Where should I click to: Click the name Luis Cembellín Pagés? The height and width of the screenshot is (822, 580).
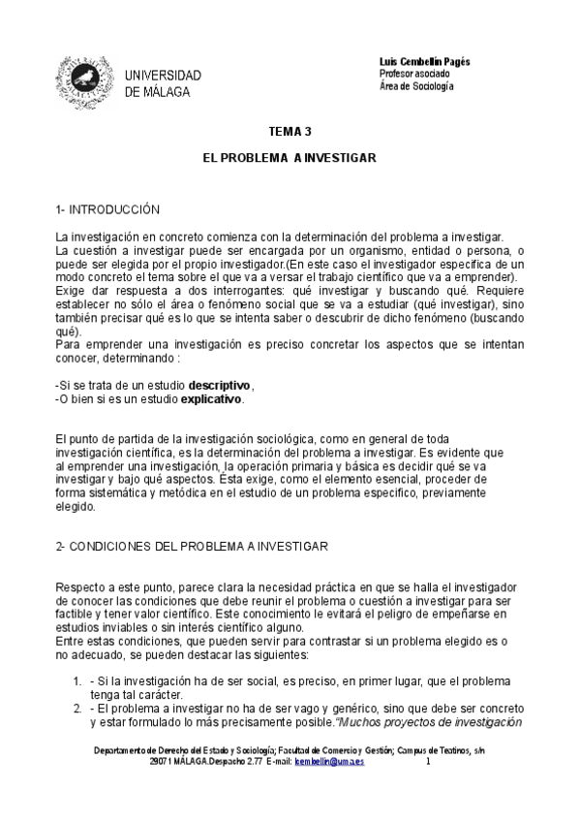coord(424,61)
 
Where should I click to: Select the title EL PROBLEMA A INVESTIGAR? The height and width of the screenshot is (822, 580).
coord(289,156)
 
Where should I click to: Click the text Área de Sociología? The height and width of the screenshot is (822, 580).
coord(416,86)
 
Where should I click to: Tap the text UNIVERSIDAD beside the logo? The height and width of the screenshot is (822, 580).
coord(163,76)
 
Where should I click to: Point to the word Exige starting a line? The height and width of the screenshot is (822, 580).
coord(70,290)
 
